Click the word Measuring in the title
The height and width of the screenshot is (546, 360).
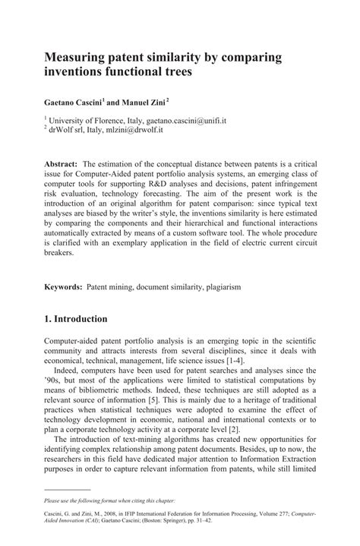tap(81, 58)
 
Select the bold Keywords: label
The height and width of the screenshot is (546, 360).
tap(65, 289)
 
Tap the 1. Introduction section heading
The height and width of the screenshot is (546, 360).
tap(86, 319)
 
